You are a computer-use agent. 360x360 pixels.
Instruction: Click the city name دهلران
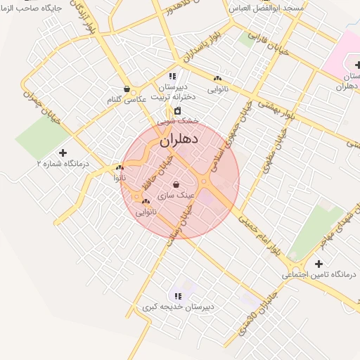pyautogui.click(x=180, y=139)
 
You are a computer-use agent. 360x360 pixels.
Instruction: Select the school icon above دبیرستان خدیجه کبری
pyautogui.click(x=178, y=297)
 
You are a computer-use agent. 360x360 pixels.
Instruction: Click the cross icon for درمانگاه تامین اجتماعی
pyautogui.click(x=319, y=264)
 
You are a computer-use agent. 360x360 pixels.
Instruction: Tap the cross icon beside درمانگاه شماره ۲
pyautogui.click(x=63, y=153)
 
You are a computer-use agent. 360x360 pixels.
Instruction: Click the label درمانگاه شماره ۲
pyautogui.click(x=63, y=163)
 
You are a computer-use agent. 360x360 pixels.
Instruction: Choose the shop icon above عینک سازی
pyautogui.click(x=175, y=185)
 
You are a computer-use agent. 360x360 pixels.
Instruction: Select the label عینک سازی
pyautogui.click(x=176, y=195)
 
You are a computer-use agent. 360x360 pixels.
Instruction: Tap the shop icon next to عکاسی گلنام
pyautogui.click(x=126, y=89)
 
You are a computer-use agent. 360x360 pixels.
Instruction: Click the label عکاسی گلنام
pyautogui.click(x=127, y=100)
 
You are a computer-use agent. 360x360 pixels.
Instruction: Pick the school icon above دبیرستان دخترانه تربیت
pyautogui.click(x=172, y=76)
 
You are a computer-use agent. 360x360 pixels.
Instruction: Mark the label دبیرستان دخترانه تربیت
pyautogui.click(x=172, y=92)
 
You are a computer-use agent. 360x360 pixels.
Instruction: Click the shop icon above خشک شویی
pyautogui.click(x=177, y=110)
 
